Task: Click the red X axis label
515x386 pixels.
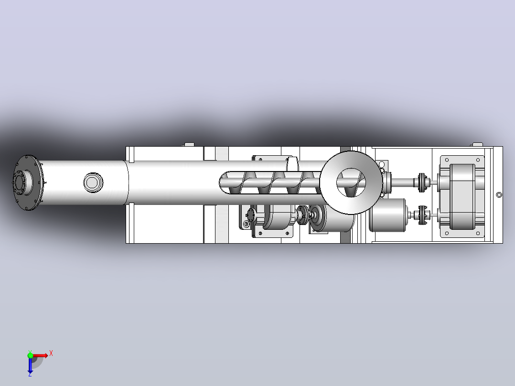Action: pos(51,354)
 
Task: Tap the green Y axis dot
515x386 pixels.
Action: pos(30,355)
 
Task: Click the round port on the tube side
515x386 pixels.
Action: pos(93,182)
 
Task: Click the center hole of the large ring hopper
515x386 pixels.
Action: pos(351,182)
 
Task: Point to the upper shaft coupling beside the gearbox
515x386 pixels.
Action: pos(423,182)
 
